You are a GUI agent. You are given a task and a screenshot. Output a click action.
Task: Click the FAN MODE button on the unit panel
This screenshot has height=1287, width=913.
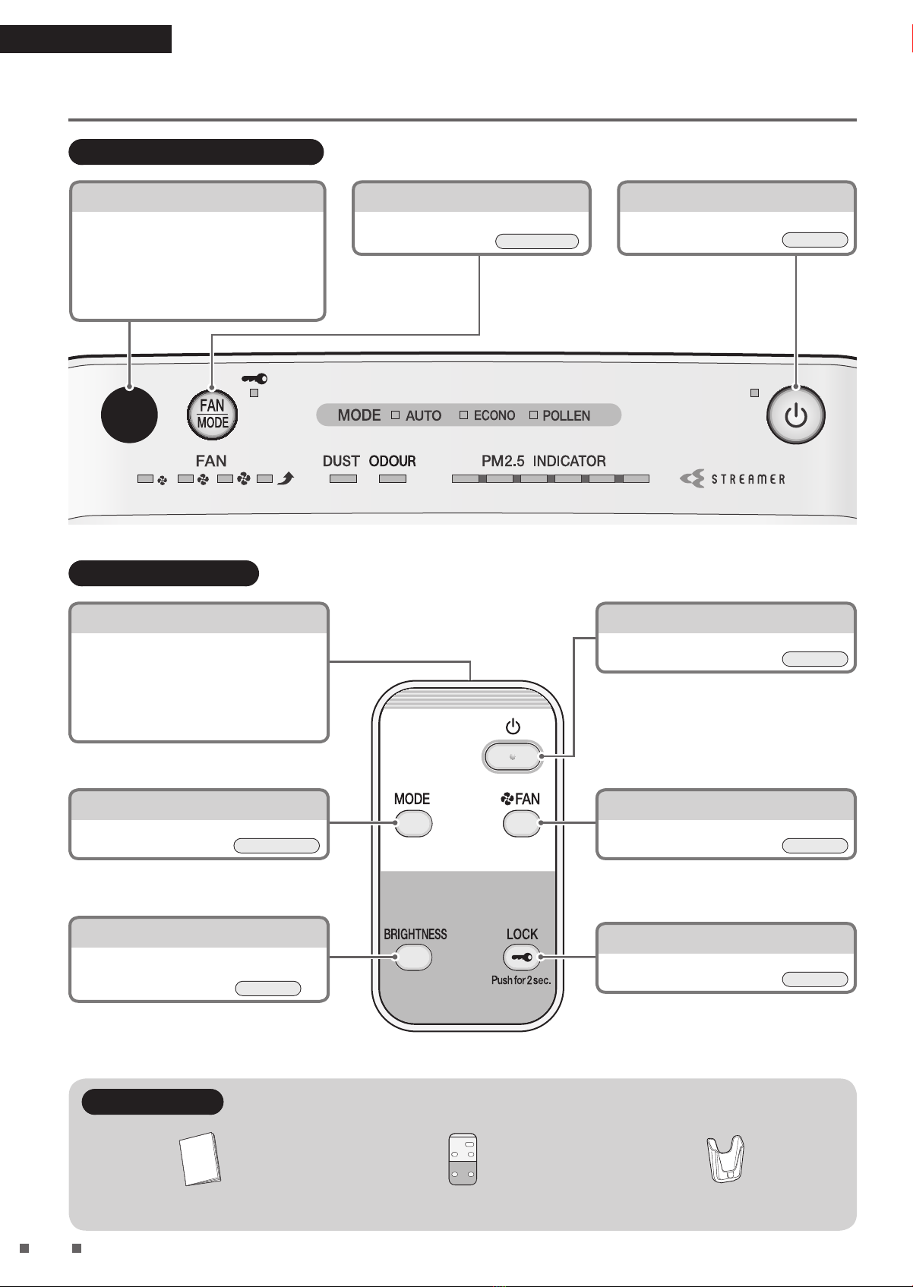pyautogui.click(x=212, y=415)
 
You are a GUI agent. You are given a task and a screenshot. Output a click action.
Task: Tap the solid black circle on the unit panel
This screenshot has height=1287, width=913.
pyautogui.click(x=129, y=415)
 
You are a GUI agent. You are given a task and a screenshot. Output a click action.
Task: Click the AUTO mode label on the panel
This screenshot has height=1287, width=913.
pyautogui.click(x=423, y=415)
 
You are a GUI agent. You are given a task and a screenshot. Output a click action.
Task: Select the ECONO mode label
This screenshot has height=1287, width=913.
pyautogui.click(x=494, y=415)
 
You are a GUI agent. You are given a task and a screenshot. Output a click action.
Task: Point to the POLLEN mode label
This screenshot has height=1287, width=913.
pyautogui.click(x=567, y=415)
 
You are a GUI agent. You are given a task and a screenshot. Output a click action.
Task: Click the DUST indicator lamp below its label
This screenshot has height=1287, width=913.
pyautogui.click(x=343, y=478)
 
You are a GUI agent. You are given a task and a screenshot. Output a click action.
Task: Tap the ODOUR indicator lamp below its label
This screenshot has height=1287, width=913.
pyautogui.click(x=393, y=478)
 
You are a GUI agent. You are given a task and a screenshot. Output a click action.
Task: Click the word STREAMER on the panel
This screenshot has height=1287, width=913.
pyautogui.click(x=748, y=479)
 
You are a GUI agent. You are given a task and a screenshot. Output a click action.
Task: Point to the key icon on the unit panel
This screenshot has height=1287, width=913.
pyautogui.click(x=254, y=379)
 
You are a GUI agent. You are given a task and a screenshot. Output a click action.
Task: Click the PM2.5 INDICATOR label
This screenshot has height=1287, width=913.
pyautogui.click(x=543, y=461)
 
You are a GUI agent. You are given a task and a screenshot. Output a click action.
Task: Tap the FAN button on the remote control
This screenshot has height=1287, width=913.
pyautogui.click(x=522, y=823)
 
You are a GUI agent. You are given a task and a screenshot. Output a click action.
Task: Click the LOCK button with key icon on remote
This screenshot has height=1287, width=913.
pyautogui.click(x=522, y=957)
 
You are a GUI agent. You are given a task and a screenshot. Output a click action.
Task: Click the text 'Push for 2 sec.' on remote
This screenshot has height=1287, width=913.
pyautogui.click(x=521, y=980)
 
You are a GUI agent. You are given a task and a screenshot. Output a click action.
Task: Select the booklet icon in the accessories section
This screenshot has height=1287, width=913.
pyautogui.click(x=200, y=1159)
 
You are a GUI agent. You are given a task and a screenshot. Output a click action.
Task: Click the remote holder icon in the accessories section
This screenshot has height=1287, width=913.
pyautogui.click(x=725, y=1159)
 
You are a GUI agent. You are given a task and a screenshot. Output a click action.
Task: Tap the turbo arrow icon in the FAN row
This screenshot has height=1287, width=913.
pyautogui.click(x=286, y=478)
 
